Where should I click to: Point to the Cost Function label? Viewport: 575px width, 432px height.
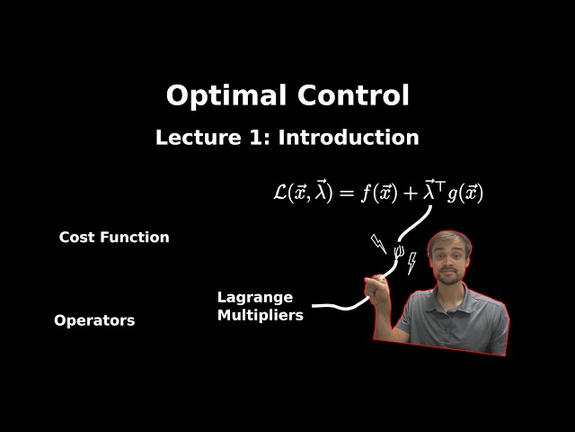click(114, 238)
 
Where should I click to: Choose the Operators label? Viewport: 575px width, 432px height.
click(94, 320)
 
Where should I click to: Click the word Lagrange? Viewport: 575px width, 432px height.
click(255, 297)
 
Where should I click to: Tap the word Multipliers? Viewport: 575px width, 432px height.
click(261, 315)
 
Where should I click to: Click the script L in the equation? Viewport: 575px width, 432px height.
click(280, 192)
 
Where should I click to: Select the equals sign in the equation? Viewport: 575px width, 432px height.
click(345, 193)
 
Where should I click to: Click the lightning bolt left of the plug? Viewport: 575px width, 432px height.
click(378, 243)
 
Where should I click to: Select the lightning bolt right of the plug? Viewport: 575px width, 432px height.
click(411, 263)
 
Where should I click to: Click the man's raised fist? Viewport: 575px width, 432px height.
click(376, 288)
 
